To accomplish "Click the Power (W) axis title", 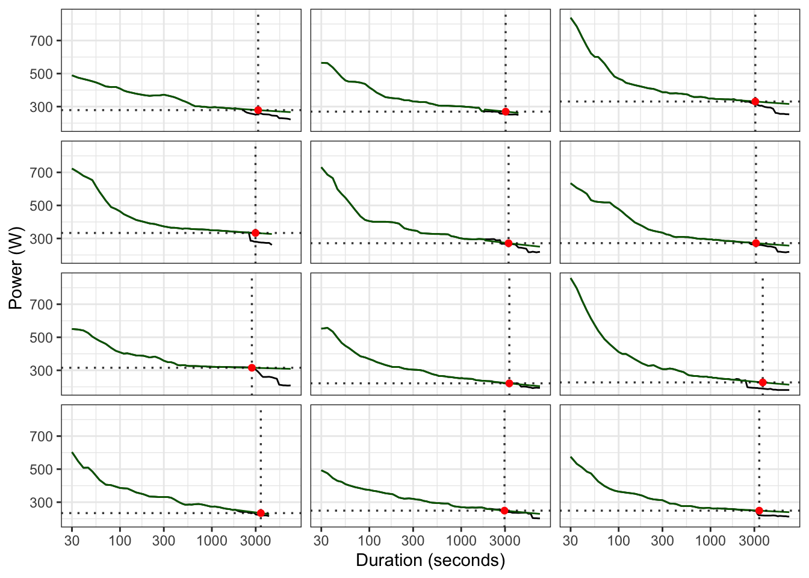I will coord(16,268).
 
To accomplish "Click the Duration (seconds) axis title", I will coord(430,561).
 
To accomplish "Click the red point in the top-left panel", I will coord(258,110).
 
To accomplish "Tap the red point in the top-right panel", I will coord(755,102).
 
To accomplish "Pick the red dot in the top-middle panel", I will coord(506,112).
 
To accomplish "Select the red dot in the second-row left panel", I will coord(255,233).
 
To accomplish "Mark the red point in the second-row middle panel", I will coord(509,243).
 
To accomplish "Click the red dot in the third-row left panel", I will coord(252,368).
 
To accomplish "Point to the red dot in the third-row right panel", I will coord(763,382).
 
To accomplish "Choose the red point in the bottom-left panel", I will coord(261,513).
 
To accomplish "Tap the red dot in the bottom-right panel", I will coord(759,511).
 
